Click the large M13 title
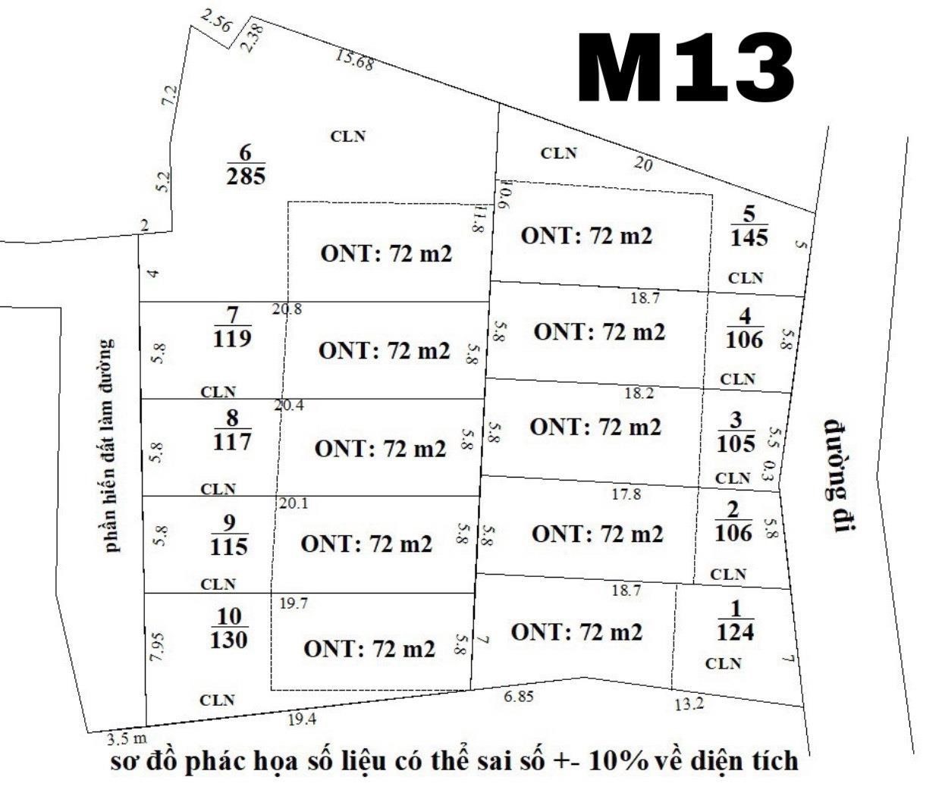pyautogui.click(x=686, y=69)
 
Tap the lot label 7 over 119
pyautogui.click(x=232, y=327)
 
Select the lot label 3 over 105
pyautogui.click(x=736, y=432)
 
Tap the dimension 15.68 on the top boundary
pyautogui.click(x=354, y=60)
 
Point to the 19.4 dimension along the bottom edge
pyautogui.click(x=302, y=719)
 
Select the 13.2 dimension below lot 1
pyautogui.click(x=689, y=704)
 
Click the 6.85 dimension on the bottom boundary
pyautogui.click(x=519, y=697)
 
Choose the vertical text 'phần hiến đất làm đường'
pyautogui.click(x=111, y=446)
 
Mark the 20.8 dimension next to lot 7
pyautogui.click(x=287, y=309)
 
